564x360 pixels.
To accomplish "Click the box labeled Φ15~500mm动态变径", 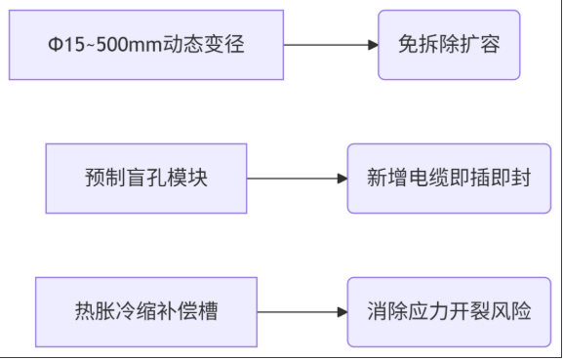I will [146, 45].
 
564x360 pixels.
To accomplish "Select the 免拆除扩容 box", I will [449, 45].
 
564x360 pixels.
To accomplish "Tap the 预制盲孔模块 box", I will [146, 179].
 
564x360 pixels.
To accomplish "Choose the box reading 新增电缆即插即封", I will [449, 179].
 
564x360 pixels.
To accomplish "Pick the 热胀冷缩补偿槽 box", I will [146, 312].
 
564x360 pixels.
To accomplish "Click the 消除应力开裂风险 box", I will [449, 312].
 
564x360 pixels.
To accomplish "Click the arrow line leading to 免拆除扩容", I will [327, 45].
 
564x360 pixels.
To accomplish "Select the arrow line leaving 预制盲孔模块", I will [293, 179].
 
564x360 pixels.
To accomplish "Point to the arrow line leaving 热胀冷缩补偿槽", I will [298, 312].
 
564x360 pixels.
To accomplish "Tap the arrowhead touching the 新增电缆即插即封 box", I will [342, 179].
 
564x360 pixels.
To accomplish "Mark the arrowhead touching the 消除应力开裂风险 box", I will [342, 312].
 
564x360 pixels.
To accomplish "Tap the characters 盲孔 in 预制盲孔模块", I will [146, 179].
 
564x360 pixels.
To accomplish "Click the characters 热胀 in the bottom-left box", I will [95, 312].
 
